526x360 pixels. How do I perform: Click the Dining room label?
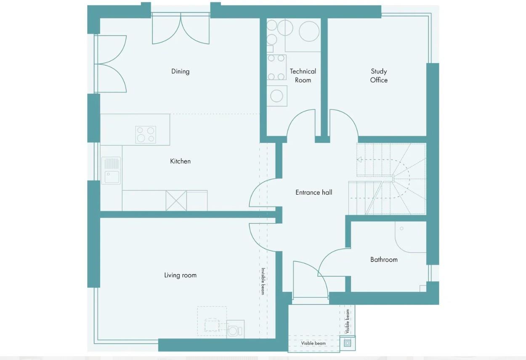click(180, 71)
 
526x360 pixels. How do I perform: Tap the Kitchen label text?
click(180, 161)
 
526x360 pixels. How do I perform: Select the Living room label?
click(180, 275)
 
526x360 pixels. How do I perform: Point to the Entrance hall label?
click(313, 193)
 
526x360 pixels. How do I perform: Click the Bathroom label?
click(384, 260)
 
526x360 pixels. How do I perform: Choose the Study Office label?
click(379, 76)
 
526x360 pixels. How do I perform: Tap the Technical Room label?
click(303, 76)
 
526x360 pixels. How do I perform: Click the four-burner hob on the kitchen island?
click(146, 135)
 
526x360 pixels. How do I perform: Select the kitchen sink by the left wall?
click(111, 171)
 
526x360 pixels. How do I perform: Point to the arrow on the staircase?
click(360, 160)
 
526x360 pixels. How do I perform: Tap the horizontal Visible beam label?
click(313, 344)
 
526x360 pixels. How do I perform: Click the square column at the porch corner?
click(347, 343)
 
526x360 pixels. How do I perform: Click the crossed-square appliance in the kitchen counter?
click(176, 201)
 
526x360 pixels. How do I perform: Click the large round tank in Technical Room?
click(309, 31)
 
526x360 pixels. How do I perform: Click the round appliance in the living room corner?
click(233, 330)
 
